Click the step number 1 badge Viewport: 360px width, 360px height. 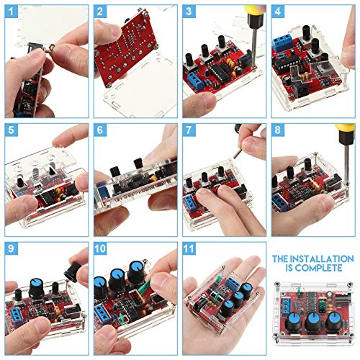[x=12, y=12]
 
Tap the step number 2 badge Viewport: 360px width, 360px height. [x=100, y=12]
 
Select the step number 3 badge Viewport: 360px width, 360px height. [x=189, y=12]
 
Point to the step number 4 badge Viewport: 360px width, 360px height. [x=278, y=12]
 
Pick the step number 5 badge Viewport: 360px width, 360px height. [x=12, y=130]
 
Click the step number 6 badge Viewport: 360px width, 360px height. [x=100, y=130]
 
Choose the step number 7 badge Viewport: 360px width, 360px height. [x=189, y=130]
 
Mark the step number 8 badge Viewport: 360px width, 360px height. [x=278, y=130]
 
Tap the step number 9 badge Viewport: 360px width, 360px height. [x=12, y=248]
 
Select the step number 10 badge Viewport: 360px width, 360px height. [x=101, y=248]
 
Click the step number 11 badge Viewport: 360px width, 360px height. [x=190, y=248]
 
